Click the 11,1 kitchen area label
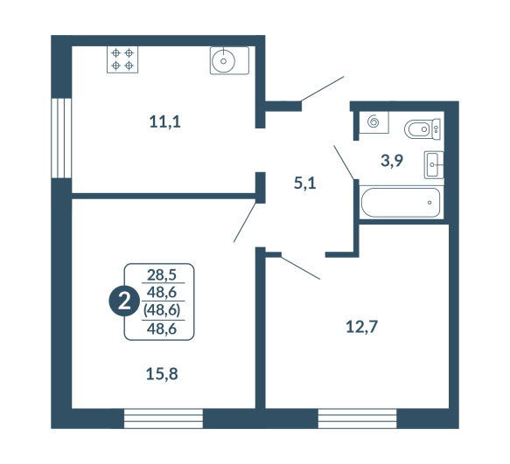(165, 121)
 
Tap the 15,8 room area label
(162, 374)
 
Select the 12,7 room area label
(361, 327)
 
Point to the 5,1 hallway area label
(304, 184)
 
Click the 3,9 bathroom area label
(392, 161)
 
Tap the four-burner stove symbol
(122, 59)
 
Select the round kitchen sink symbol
(229, 61)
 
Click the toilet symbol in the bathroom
(423, 129)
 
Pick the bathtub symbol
(401, 203)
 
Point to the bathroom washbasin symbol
(434, 165)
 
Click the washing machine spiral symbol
(374, 122)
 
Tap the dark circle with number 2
(124, 301)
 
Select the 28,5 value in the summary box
(162, 275)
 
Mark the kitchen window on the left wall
(61, 138)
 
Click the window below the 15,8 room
(164, 419)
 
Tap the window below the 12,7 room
(357, 419)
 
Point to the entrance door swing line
(322, 89)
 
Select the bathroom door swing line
(344, 163)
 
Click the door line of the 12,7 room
(300, 268)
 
